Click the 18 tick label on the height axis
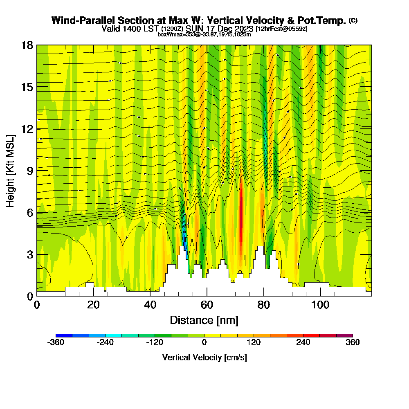click(27, 45)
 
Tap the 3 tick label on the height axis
click(29, 254)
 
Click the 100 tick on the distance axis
click(320, 296)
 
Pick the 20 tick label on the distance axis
click(94, 305)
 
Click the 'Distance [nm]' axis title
click(204, 320)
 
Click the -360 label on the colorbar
click(56, 342)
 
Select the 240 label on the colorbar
click(303, 342)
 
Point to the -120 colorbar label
click(154, 342)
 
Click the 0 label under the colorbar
click(204, 342)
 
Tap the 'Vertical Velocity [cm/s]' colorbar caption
click(204, 357)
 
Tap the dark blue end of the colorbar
click(64, 335)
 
